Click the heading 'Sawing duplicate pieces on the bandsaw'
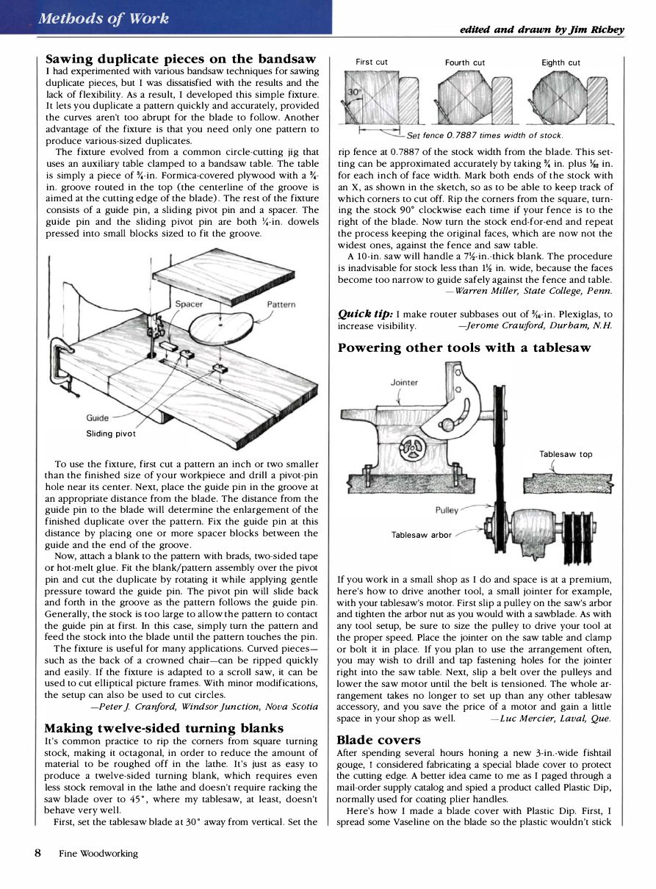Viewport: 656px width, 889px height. coord(181,58)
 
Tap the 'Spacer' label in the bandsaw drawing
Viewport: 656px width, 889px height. coord(190,303)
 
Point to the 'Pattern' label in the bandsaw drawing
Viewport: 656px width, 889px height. coord(281,303)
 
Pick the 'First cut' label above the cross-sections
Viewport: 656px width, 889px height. coord(371,62)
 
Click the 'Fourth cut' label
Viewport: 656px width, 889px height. coord(465,63)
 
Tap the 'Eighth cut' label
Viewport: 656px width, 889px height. coord(561,63)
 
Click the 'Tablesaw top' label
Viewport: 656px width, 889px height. coord(566,454)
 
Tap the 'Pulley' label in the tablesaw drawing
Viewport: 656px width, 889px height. coord(447,509)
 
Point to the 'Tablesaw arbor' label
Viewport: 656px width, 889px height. coord(422,535)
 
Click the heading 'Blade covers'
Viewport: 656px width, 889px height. coord(378,741)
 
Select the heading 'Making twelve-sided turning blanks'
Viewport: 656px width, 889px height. coord(164,728)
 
